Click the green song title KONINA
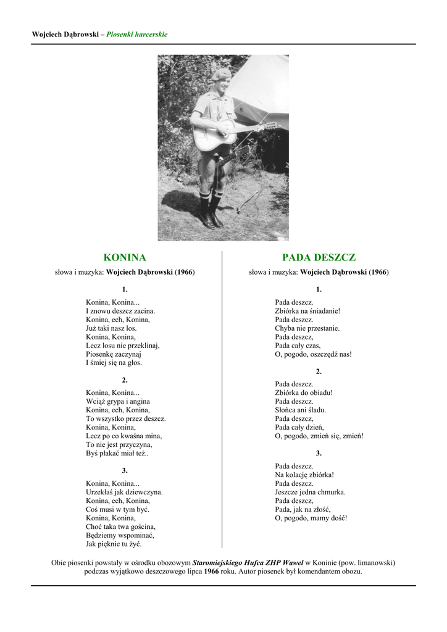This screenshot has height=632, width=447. coord(125,257)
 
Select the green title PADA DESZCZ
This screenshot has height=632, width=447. coord(319,257)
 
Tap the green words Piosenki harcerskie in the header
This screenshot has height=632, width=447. coord(137,35)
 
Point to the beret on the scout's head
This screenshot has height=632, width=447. coord(220,75)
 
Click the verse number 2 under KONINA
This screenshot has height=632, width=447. coord(125,380)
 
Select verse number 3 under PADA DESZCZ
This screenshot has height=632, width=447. coord(319,454)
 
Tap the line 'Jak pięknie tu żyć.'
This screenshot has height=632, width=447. coord(114,544)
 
